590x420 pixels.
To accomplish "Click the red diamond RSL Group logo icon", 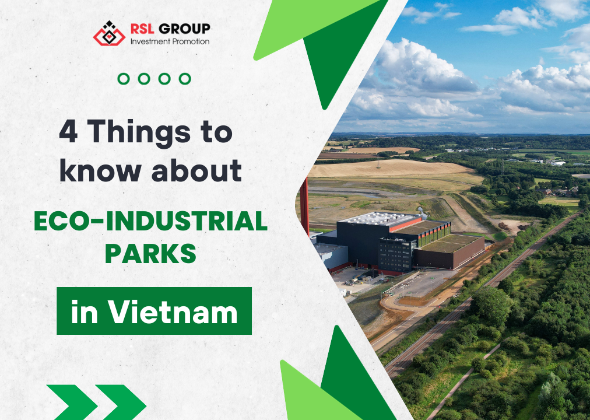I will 109,33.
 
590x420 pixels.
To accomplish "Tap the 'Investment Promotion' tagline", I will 170,41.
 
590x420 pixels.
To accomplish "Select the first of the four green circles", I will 124,79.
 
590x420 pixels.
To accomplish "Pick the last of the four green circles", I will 185,79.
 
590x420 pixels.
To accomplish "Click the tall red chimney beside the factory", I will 304,204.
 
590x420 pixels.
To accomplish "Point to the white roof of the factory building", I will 380,218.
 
